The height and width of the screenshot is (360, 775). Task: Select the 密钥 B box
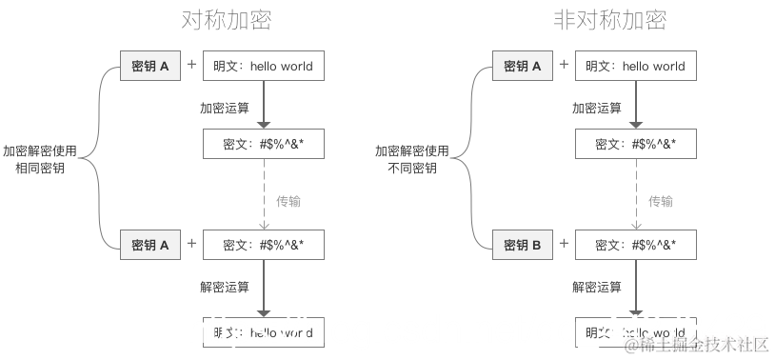point(523,246)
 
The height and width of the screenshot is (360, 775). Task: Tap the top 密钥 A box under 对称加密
point(149,66)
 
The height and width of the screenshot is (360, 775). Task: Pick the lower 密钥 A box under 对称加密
point(149,246)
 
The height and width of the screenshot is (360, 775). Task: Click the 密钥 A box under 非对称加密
point(523,66)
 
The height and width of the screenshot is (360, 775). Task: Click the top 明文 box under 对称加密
point(264,66)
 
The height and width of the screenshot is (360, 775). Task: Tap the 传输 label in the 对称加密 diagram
point(288,201)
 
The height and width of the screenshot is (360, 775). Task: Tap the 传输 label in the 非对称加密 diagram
point(661,201)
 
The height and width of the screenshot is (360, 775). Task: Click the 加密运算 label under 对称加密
point(225,108)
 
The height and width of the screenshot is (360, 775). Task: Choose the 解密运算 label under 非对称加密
point(597,287)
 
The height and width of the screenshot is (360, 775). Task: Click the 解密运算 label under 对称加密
point(225,287)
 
